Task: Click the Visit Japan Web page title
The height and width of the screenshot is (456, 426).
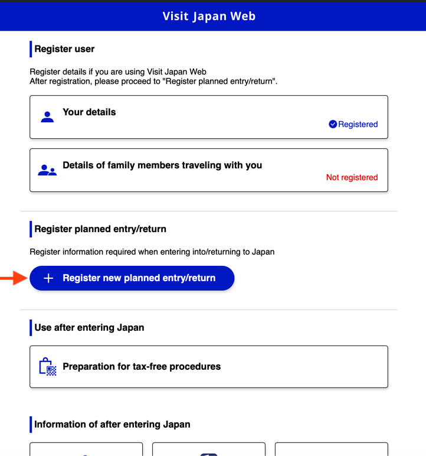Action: pos(209,16)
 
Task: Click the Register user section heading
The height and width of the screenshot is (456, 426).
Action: pos(64,49)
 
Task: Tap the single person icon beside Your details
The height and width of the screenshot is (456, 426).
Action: pos(47,117)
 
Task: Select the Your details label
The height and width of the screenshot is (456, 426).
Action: pos(89,112)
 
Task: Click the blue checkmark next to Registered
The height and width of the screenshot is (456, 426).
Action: pos(333,124)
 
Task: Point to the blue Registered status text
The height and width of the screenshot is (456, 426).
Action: pos(358,124)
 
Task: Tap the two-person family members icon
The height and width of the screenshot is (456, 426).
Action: pos(47,171)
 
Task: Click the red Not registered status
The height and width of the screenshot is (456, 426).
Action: pos(352,177)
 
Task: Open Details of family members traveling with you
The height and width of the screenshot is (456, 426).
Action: pos(162,165)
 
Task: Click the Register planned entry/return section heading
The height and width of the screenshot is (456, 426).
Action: pos(100,229)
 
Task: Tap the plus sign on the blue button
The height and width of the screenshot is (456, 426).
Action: pos(48,278)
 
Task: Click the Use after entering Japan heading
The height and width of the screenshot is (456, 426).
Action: pos(89,327)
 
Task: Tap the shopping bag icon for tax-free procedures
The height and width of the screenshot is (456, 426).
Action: pos(47,367)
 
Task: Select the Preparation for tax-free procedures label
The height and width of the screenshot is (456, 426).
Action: pos(142,367)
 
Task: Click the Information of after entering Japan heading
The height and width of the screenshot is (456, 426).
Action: pos(112,424)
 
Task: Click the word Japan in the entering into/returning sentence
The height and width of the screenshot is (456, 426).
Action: pos(263,252)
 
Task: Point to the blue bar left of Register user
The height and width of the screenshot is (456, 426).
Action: pos(31,49)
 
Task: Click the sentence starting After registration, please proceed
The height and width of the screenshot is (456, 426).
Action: pos(153,81)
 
